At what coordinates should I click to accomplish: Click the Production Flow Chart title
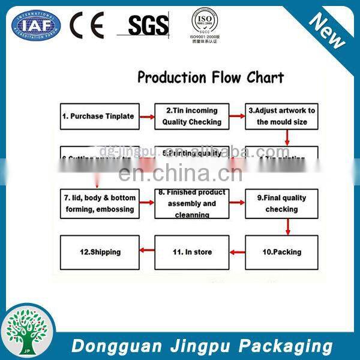click(211, 77)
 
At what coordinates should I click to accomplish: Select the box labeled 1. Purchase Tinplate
click(100, 116)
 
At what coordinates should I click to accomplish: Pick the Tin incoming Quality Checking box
click(192, 116)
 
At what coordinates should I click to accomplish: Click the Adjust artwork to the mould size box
click(281, 116)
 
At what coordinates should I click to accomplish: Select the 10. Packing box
click(281, 252)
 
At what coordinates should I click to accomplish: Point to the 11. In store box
click(192, 252)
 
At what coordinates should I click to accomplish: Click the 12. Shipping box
click(100, 252)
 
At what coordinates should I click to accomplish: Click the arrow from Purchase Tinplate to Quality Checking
click(147, 116)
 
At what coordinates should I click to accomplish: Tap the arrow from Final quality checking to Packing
click(289, 227)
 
